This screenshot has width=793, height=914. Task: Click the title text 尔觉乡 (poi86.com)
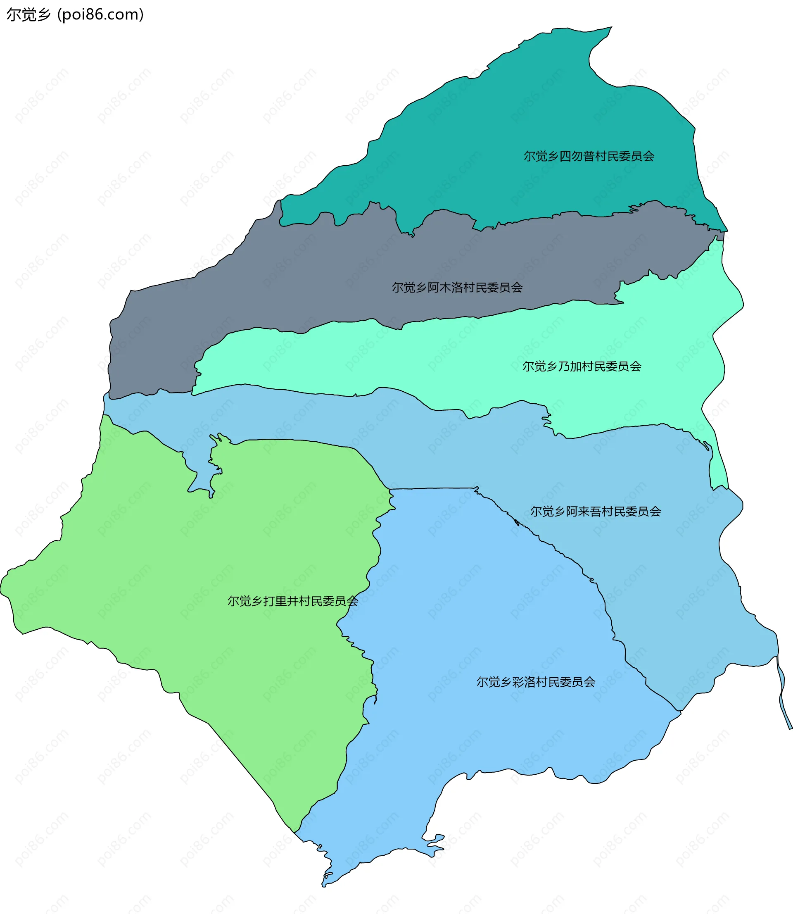[75, 14]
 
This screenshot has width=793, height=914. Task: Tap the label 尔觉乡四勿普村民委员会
[589, 156]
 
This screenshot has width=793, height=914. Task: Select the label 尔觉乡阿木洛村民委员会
[457, 288]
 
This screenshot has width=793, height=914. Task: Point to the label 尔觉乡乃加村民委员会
[582, 367]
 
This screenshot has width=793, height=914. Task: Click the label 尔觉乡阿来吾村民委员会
[595, 512]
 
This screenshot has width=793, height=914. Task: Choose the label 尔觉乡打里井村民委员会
[292, 601]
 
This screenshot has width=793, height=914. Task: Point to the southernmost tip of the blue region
[323, 885]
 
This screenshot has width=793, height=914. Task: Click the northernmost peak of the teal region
[611, 27]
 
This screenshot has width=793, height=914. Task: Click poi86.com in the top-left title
[100, 14]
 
